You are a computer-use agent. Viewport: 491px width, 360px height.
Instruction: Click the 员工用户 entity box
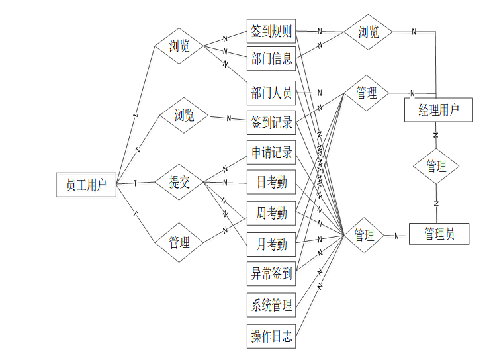[86, 185]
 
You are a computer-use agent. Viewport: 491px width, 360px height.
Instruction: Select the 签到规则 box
[271, 31]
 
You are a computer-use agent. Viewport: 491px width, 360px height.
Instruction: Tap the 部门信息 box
[271, 59]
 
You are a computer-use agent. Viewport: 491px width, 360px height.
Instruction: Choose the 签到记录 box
[271, 122]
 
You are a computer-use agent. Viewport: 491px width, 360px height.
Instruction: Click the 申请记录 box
[271, 153]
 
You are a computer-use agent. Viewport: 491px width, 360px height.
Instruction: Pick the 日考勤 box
[271, 182]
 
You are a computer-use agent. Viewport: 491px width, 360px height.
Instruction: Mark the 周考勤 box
[271, 213]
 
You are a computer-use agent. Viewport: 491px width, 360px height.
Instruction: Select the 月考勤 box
[271, 244]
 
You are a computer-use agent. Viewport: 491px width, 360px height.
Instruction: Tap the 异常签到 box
[271, 273]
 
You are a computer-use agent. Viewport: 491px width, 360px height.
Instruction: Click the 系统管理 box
[271, 306]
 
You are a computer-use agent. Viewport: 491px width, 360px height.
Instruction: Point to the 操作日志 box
[271, 336]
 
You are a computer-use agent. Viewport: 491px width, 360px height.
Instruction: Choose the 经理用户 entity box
[439, 110]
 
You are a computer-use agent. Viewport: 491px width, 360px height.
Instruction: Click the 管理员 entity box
[439, 234]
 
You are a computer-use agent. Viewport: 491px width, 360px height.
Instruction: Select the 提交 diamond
[179, 182]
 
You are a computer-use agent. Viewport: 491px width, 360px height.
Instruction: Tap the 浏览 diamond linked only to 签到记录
[184, 116]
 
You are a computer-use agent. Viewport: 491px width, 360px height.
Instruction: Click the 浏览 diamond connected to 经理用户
[368, 32]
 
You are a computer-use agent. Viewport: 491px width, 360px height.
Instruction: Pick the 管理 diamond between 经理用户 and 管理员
[436, 166]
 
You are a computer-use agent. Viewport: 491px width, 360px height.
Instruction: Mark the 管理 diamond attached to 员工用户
[179, 242]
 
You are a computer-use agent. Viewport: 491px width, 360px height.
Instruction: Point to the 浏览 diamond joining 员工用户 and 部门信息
[179, 46]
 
